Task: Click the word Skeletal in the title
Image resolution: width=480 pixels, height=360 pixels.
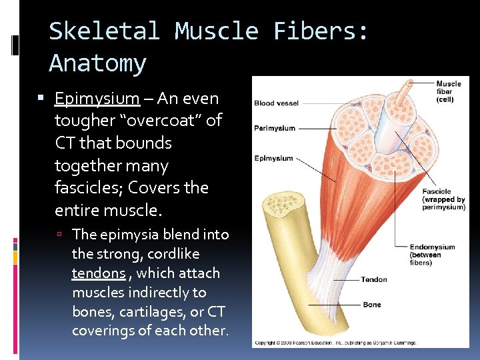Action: coord(104,31)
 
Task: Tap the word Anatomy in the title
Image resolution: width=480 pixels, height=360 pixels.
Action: coord(97,63)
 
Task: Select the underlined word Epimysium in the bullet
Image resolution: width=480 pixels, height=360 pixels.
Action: coord(97,99)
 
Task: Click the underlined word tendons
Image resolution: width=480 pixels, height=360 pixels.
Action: coord(98,273)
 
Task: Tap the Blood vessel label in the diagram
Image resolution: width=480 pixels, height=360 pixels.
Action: coord(276,103)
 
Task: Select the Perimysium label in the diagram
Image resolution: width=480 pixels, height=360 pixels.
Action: coord(274,128)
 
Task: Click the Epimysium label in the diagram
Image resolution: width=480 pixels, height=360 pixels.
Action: coord(273,159)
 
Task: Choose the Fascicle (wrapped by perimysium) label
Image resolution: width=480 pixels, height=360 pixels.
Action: coord(443,199)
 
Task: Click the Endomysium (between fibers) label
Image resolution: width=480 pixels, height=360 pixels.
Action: coord(432,254)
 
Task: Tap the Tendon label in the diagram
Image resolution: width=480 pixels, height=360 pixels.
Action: coord(374,279)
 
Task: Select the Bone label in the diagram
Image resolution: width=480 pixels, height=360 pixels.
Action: coord(372,305)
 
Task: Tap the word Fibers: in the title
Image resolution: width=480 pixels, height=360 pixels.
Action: coord(321,31)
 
